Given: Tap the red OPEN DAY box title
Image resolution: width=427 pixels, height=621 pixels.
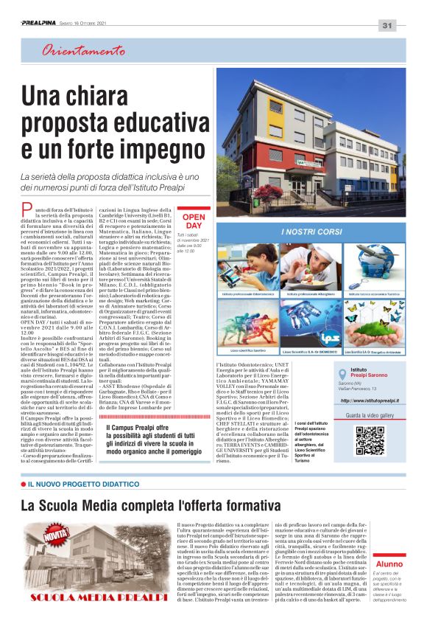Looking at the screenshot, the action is pos(194,220).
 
